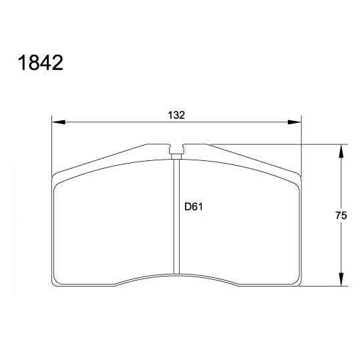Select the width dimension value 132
(176, 115)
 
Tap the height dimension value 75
(341, 216)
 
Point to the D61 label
(193, 206)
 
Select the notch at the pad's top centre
(177, 150)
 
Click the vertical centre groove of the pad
(177, 220)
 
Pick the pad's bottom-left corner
(55, 286)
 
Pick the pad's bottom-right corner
(299, 286)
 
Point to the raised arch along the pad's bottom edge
(177, 275)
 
